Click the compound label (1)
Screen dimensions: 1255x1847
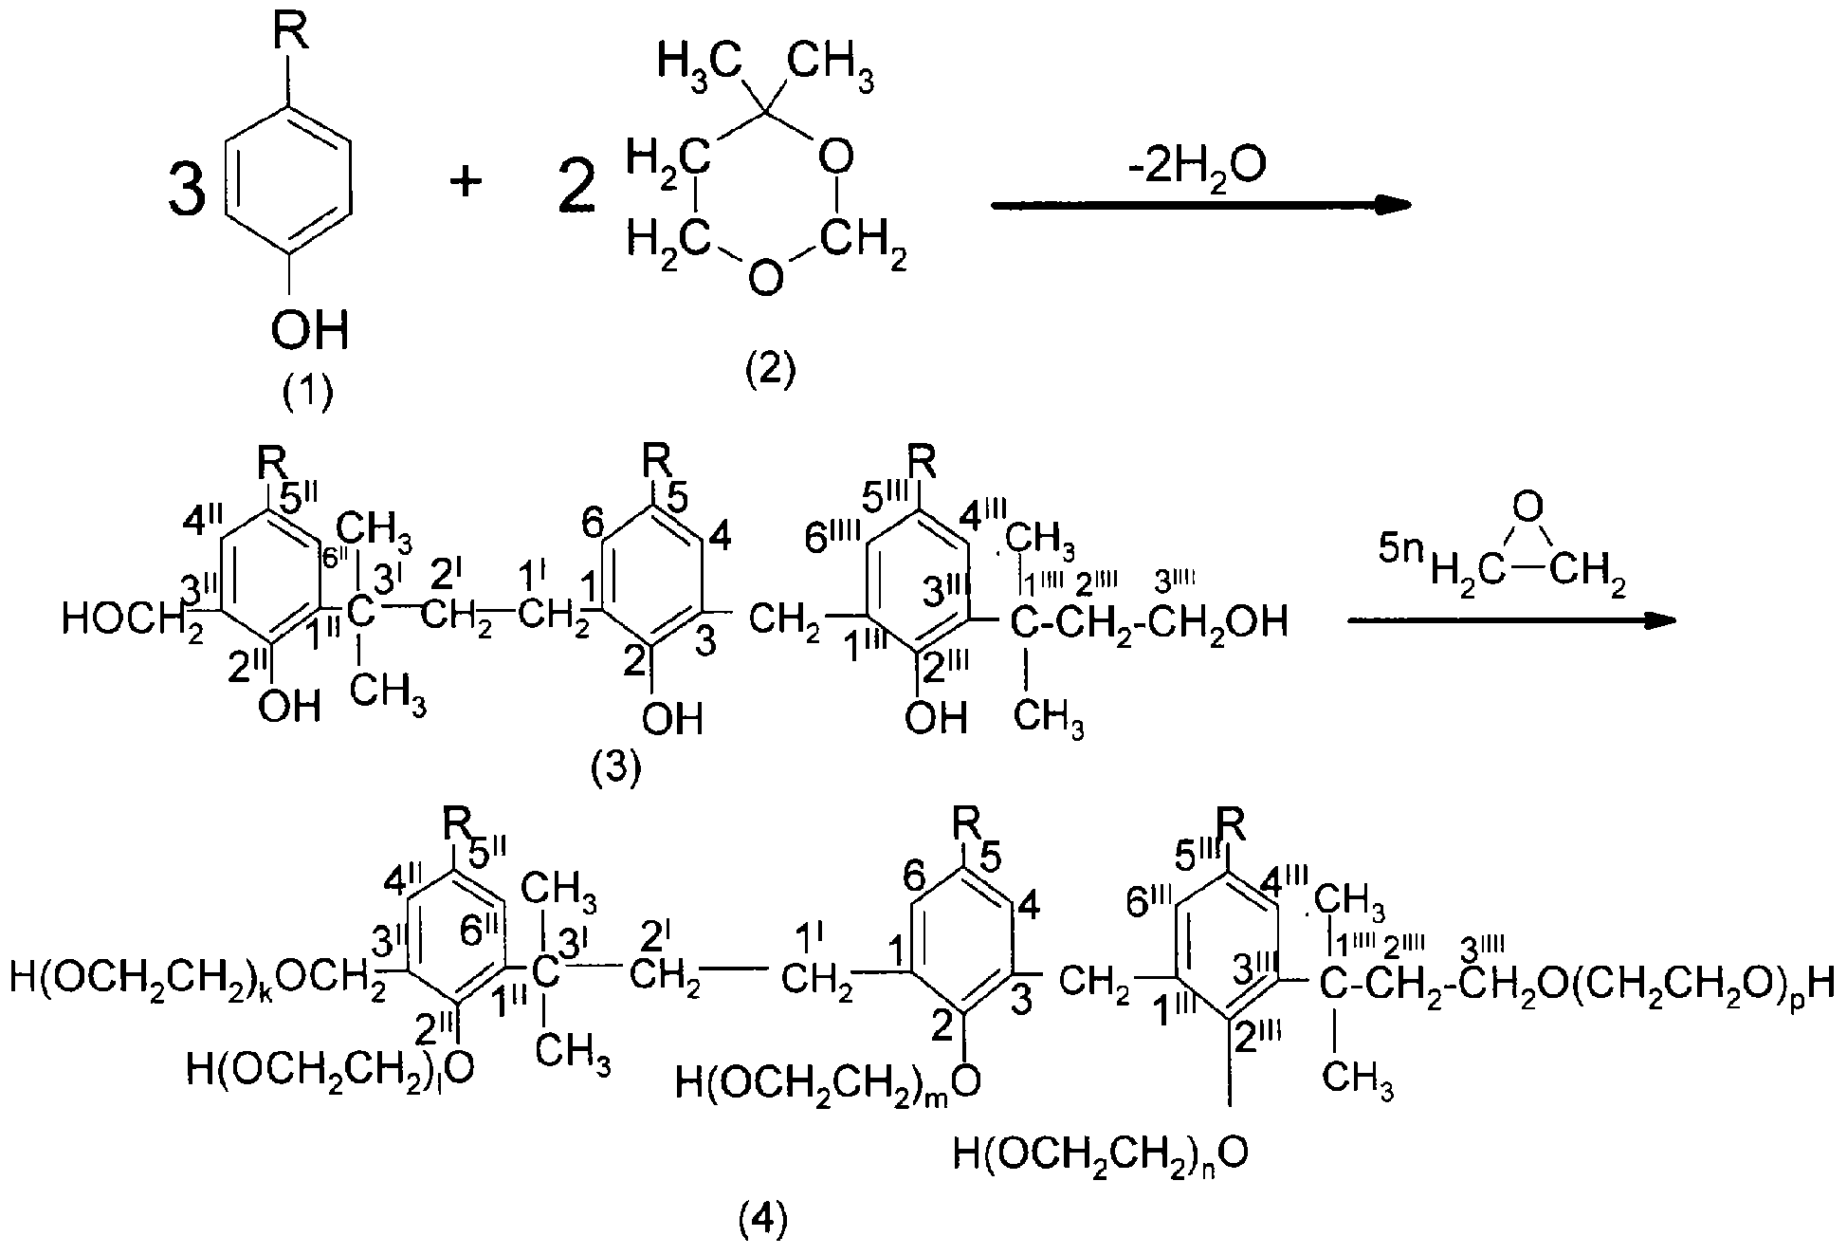(308, 391)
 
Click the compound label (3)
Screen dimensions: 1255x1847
(616, 769)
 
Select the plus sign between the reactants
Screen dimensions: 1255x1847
(466, 180)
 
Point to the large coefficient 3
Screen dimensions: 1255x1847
(186, 188)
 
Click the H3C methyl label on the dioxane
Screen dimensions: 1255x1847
(697, 64)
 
